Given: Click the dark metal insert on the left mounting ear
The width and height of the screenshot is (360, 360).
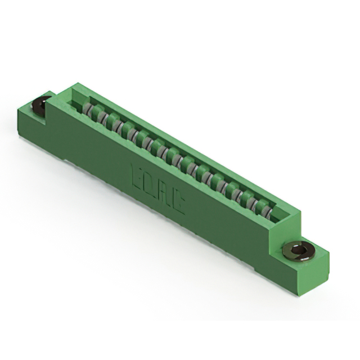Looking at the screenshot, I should click(x=40, y=105).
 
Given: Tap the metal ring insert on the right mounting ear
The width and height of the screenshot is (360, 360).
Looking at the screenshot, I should click(x=298, y=250).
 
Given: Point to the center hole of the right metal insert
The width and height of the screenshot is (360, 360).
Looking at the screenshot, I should click(x=300, y=249).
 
